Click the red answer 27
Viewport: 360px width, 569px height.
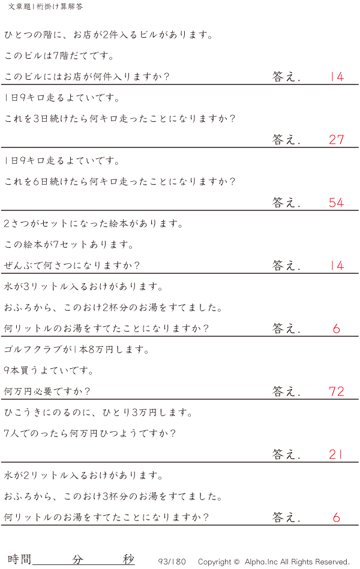pos(336,140)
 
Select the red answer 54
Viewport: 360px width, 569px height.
pos(336,203)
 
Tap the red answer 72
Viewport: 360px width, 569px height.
pos(336,392)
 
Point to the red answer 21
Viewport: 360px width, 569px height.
pos(335,454)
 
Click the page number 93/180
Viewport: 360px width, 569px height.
pos(172,562)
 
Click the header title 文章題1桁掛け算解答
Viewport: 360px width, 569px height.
pos(46,7)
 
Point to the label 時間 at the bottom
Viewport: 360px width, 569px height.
pos(19,559)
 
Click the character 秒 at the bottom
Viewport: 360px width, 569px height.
pos(128,559)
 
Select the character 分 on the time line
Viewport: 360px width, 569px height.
pos(77,559)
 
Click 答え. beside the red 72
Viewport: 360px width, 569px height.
pos(286,392)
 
